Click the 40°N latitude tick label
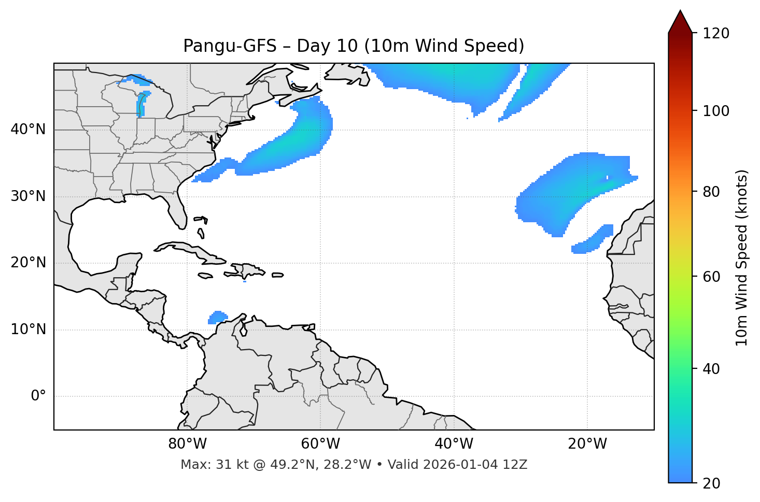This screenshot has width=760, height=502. coord(28,130)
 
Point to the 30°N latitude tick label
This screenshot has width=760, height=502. coord(28,196)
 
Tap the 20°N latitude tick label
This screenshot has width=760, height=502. coord(28,263)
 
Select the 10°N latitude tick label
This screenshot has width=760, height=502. coord(28,329)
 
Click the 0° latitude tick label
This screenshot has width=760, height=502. coord(38,396)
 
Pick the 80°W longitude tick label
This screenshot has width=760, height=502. coord(187,444)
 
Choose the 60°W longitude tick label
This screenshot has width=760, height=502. coord(320,444)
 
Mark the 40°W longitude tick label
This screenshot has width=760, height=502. coord(454,444)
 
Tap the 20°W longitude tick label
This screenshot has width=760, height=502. coord(587,444)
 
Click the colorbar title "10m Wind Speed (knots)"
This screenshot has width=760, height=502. coord(742,258)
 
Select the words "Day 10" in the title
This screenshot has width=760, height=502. coord(327,46)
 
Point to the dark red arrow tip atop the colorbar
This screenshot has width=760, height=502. coord(680,20)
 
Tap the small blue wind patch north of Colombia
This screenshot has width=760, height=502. coord(218,317)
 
